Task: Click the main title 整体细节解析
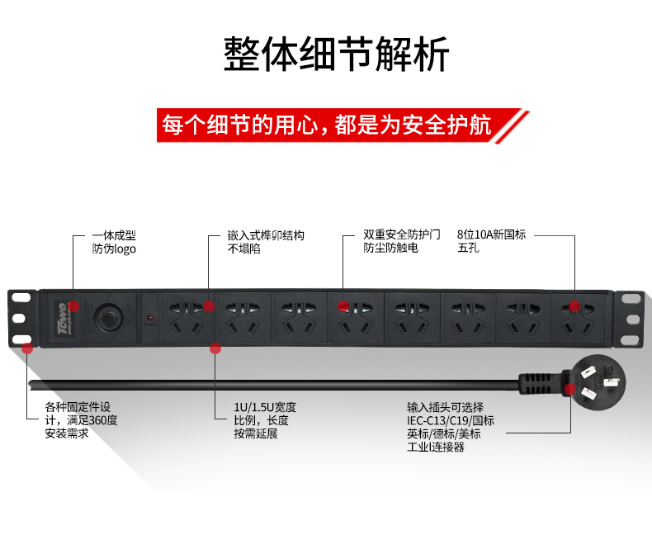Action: [337, 54]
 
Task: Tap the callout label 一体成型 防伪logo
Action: [114, 242]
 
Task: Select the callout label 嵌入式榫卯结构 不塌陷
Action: [266, 242]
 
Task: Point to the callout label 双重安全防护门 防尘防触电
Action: [402, 241]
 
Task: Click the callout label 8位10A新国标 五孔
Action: [492, 241]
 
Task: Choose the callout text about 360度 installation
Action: [81, 420]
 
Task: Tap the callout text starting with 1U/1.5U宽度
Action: [265, 420]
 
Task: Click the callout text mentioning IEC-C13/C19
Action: [451, 427]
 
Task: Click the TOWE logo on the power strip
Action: [63, 318]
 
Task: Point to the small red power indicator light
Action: [149, 319]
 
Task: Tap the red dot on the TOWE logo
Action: [74, 306]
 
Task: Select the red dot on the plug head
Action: [570, 389]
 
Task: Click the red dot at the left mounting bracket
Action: [27, 348]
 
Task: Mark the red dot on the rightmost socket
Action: [574, 306]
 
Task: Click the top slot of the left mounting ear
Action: [21, 298]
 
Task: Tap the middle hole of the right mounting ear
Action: [633, 319]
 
